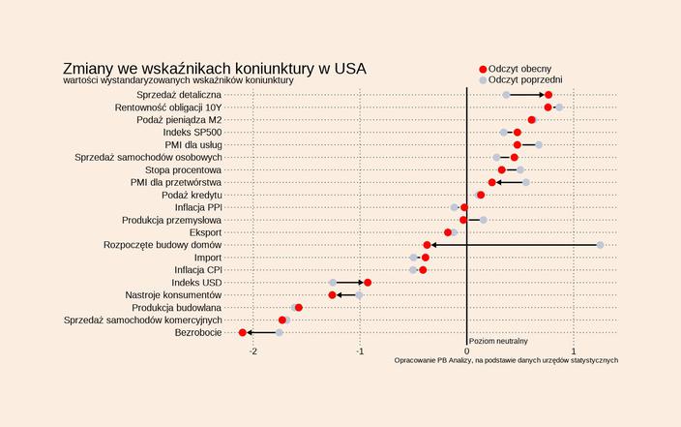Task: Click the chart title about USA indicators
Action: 215,69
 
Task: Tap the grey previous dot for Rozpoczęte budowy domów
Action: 601,245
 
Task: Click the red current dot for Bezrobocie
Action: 243,333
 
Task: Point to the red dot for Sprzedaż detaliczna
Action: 548,95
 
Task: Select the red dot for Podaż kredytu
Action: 481,195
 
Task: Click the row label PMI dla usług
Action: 193,144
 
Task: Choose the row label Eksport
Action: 205,232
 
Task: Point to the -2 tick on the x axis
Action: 253,351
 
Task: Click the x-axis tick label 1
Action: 574,351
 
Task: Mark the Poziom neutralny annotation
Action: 498,342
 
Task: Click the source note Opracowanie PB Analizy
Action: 506,360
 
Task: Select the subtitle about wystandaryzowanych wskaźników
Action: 178,80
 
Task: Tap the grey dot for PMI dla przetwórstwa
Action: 526,182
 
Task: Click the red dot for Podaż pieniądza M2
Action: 532,120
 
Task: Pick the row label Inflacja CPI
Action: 197,270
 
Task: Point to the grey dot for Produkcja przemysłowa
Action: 484,220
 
